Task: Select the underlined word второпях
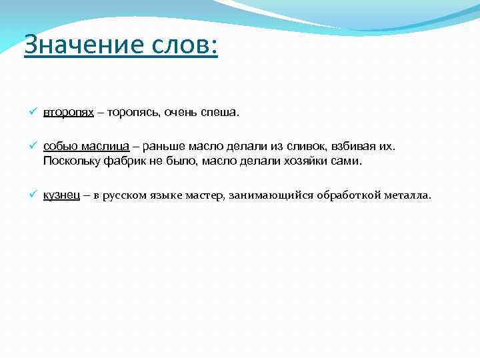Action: [69, 113]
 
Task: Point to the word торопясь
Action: [129, 113]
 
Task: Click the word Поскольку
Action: [70, 161]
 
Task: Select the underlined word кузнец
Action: [62, 195]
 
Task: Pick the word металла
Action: [408, 195]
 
